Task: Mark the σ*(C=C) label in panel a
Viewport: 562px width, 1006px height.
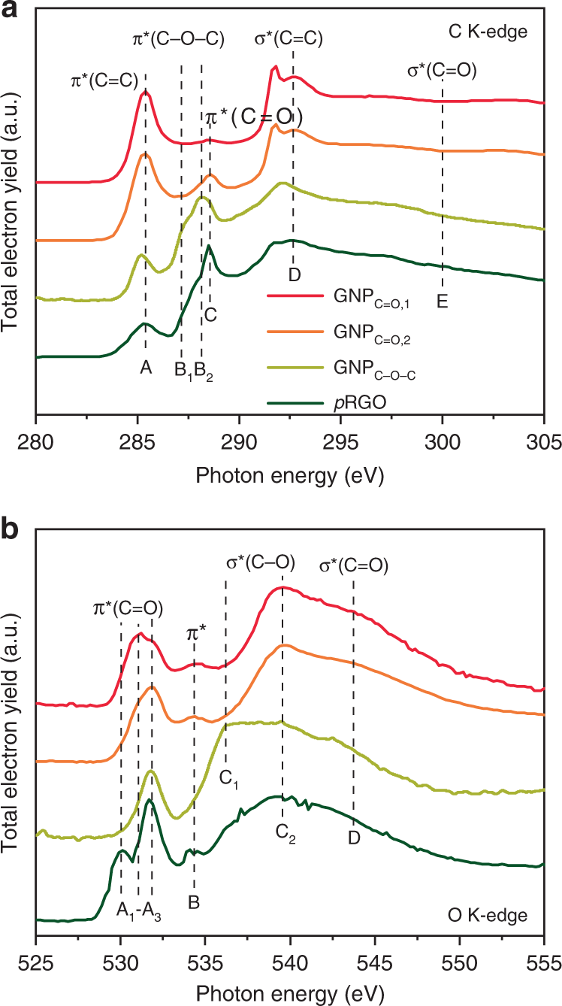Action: tap(289, 40)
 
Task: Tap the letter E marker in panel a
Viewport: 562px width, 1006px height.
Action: tap(442, 302)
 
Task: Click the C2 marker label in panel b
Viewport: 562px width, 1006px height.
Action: tap(285, 836)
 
